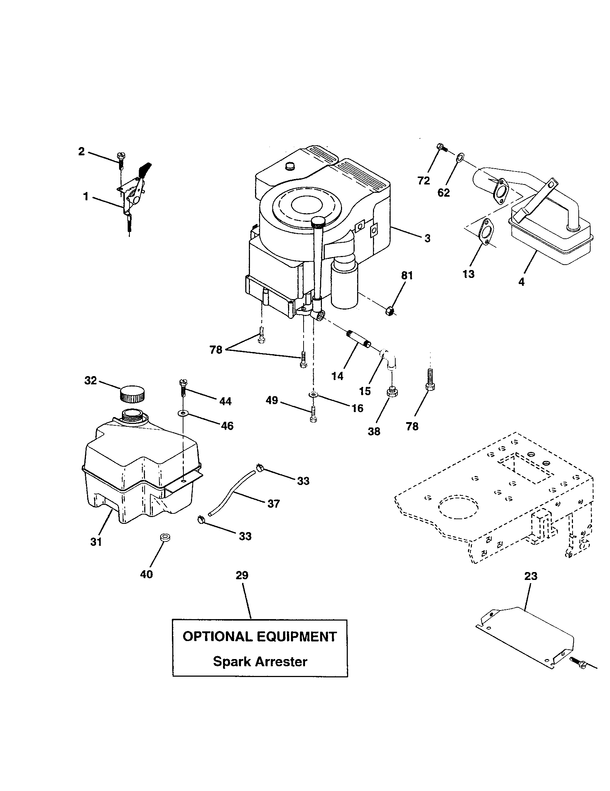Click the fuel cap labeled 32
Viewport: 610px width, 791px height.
(x=132, y=394)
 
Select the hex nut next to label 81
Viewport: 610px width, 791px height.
(x=390, y=310)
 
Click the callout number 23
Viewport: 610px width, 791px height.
(x=531, y=576)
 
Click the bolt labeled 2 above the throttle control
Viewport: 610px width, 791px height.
(x=121, y=161)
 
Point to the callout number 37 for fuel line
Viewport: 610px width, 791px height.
(x=273, y=503)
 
